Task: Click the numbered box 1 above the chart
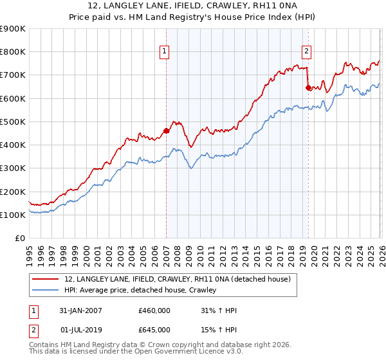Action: [x=165, y=52]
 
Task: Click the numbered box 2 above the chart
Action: [x=306, y=52]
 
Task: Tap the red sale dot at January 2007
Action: [x=166, y=130]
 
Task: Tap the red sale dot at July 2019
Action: [x=308, y=87]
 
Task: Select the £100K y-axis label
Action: [x=13, y=215]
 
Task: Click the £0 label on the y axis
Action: [x=19, y=239]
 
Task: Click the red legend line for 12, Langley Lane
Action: [x=46, y=279]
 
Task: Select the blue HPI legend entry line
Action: [x=46, y=290]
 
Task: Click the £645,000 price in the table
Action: [x=154, y=329]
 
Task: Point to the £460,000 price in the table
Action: [x=154, y=310]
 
